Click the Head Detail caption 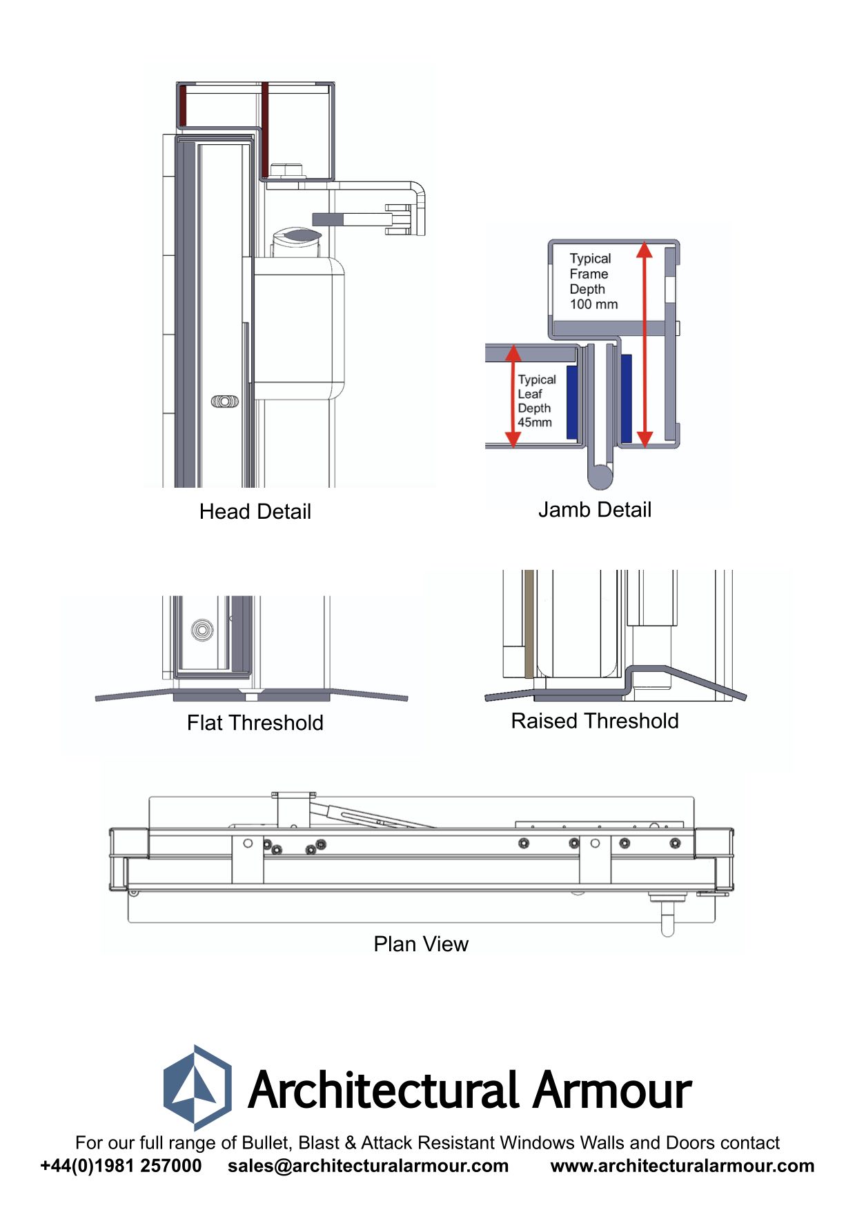click(x=255, y=512)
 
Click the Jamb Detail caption click(x=594, y=510)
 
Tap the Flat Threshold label click(x=255, y=723)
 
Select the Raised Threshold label click(x=594, y=721)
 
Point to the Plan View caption click(x=420, y=944)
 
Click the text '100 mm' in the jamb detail click(x=593, y=304)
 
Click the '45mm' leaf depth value click(x=535, y=422)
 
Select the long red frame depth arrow click(x=645, y=345)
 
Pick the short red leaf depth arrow click(x=513, y=396)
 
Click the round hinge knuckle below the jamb click(x=600, y=475)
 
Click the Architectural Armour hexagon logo click(x=197, y=1088)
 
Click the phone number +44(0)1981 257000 click(x=121, y=1166)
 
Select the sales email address click(x=368, y=1166)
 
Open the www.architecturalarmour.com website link click(x=682, y=1166)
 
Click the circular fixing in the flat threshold click(x=202, y=629)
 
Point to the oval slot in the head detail click(x=225, y=401)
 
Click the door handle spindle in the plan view click(x=667, y=919)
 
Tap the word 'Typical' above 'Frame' click(x=590, y=259)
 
